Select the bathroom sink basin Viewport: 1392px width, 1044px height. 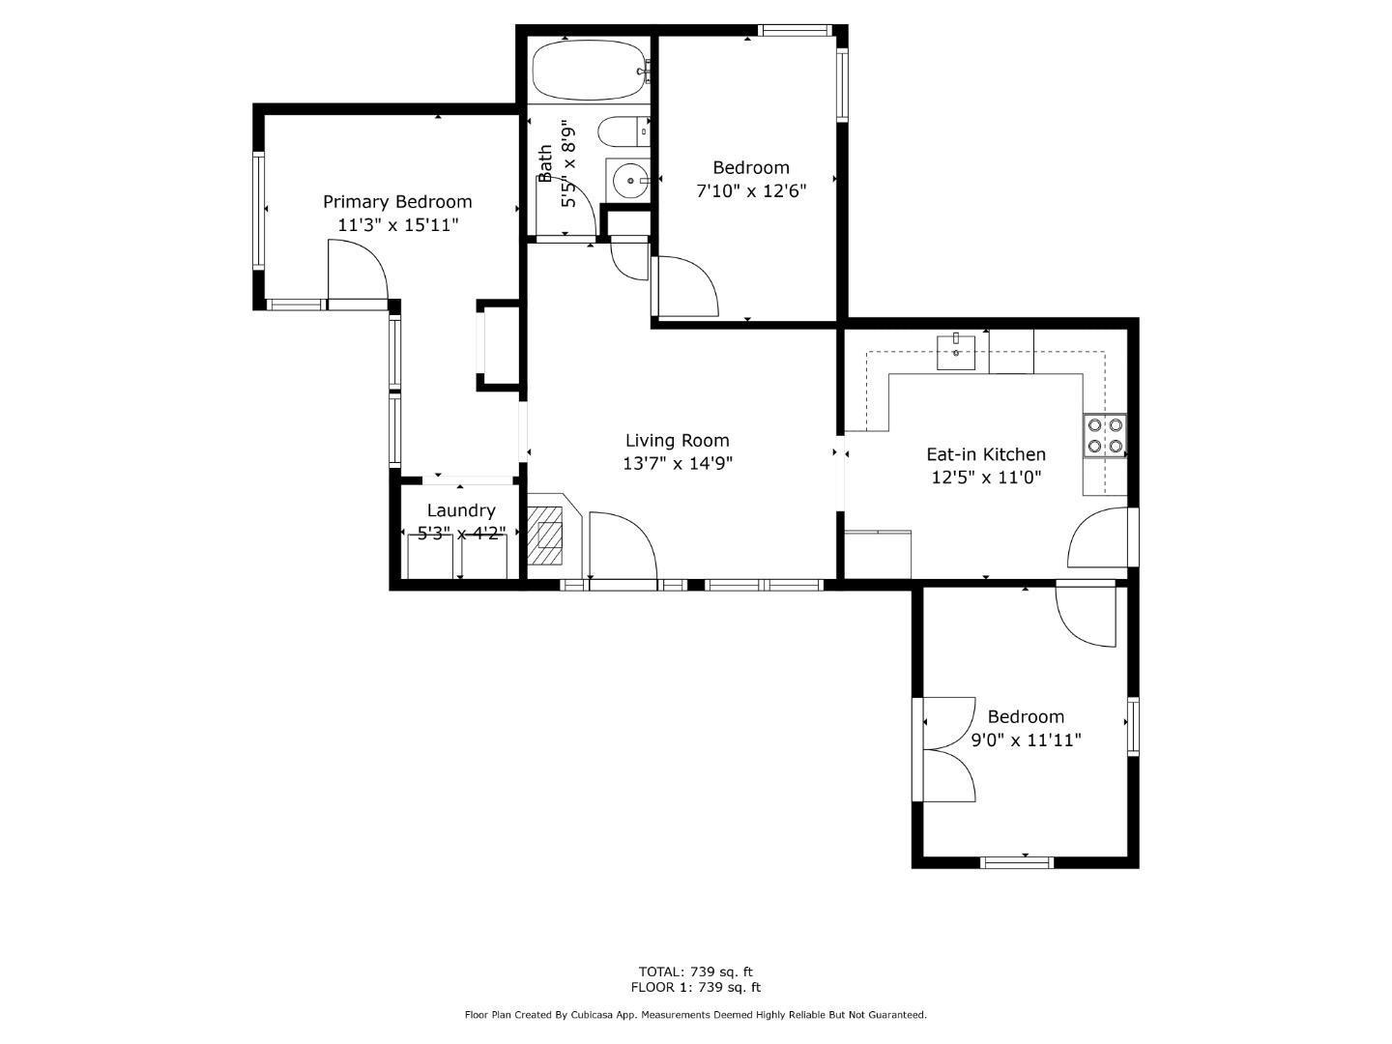(629, 180)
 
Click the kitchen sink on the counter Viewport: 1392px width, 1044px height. (956, 354)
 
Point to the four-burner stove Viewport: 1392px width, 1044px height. (1105, 435)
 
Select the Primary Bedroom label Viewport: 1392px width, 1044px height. (397, 202)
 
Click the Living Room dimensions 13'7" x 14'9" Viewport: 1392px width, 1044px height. (677, 464)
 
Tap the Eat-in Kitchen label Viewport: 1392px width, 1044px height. (986, 454)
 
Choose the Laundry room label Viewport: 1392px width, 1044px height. (461, 510)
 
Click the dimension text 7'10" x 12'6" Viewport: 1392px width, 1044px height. (751, 190)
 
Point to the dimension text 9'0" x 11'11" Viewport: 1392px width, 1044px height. (1026, 740)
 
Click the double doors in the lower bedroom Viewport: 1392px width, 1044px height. (949, 749)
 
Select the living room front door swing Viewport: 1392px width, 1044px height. (623, 546)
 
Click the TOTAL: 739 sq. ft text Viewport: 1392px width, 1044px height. (695, 971)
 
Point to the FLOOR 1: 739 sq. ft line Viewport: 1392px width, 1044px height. (695, 988)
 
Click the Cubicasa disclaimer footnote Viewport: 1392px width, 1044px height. (695, 1015)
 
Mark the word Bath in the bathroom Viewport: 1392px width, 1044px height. (546, 164)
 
